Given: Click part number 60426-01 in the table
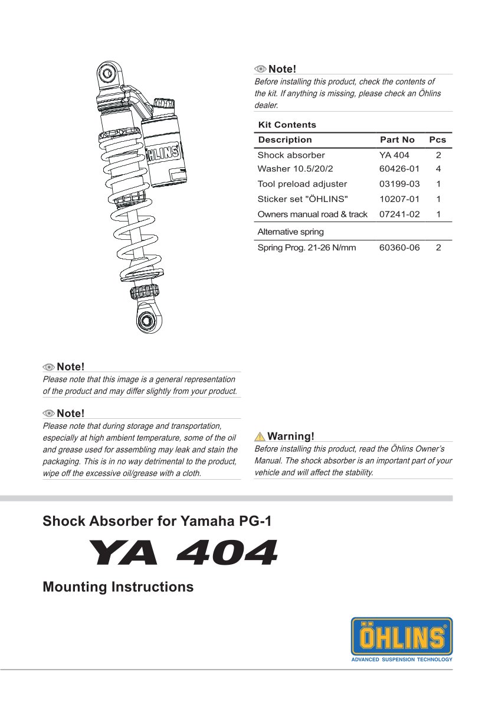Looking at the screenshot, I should point(399,169).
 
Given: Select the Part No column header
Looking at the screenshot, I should point(397,140).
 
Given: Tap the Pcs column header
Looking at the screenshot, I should point(438,140).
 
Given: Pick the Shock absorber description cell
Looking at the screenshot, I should point(291,155).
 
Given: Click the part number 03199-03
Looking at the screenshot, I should point(399,184).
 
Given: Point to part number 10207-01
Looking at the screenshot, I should point(399,199).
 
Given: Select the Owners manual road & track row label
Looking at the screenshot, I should point(312,214).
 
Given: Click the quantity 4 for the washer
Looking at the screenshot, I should point(438,169).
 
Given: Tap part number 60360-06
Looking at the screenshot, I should point(399,248).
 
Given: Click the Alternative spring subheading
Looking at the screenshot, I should point(290,232).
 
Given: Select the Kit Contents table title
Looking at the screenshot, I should point(287,125).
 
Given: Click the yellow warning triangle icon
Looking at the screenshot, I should point(260,437).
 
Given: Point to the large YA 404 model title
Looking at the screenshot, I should point(182,553).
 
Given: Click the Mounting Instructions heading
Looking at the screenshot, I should point(118,587).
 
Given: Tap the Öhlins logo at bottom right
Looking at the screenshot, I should point(402,637).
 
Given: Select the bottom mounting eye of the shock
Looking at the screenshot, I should point(145,320).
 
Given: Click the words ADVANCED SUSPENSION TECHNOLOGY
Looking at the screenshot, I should point(402,659).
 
